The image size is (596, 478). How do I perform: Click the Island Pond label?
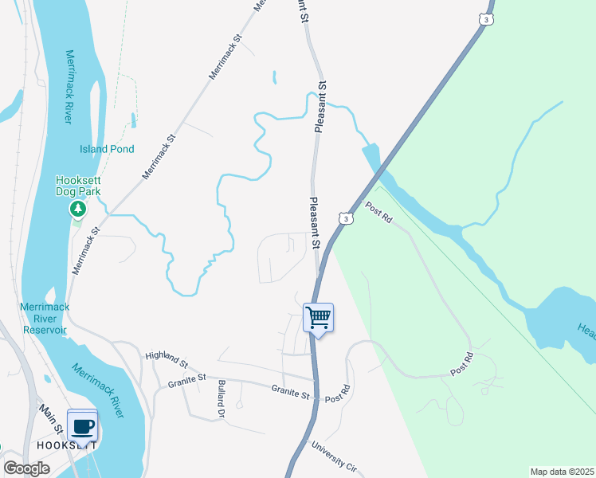pos(107,149)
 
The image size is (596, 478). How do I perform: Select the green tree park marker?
pos(78,210)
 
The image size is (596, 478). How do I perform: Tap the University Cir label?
pos(338,455)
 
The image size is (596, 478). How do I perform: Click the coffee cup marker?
pos(83,425)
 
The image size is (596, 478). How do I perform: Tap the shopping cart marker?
pos(318,319)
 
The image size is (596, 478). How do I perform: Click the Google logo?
pos(26,468)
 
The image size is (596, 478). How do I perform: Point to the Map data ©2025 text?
pos(562,472)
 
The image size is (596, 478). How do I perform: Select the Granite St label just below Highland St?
pos(186,379)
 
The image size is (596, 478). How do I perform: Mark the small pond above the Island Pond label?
pos(132,120)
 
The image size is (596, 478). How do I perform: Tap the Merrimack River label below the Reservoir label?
pos(98,390)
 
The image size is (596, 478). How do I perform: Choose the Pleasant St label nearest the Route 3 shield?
pos(315,224)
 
